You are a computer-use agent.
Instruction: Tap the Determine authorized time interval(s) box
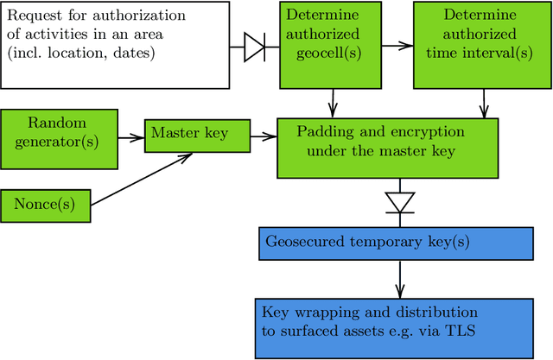coord(482,45)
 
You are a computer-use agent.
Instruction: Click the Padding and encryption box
coord(387,148)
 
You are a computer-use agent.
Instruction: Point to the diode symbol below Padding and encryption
coord(400,202)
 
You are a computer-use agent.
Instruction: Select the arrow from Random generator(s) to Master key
coord(129,136)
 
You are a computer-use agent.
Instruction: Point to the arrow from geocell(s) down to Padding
coord(334,104)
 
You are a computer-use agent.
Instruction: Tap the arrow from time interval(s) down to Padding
coord(484,104)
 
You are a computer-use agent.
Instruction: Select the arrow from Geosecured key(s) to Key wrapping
coord(400,278)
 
